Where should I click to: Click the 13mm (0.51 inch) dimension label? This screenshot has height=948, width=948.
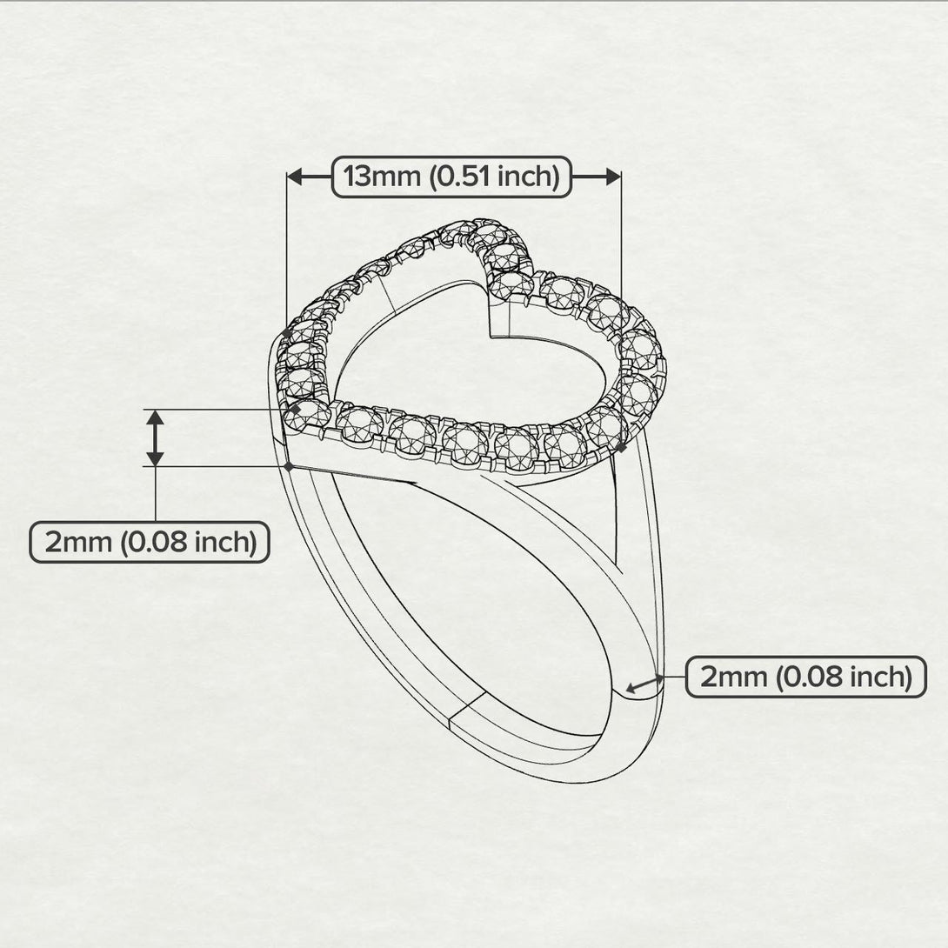pos(451,177)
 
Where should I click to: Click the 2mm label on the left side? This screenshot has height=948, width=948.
pos(150,542)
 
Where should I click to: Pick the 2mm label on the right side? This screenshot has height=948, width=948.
pos(805,677)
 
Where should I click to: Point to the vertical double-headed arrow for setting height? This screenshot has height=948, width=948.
pos(155,437)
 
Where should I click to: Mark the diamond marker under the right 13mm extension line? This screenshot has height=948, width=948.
pos(620,446)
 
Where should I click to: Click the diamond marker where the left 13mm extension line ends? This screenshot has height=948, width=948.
pos(287,332)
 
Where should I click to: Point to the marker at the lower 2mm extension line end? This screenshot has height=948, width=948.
pos(289,466)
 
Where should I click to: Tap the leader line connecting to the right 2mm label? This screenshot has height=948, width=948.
pos(675,677)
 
